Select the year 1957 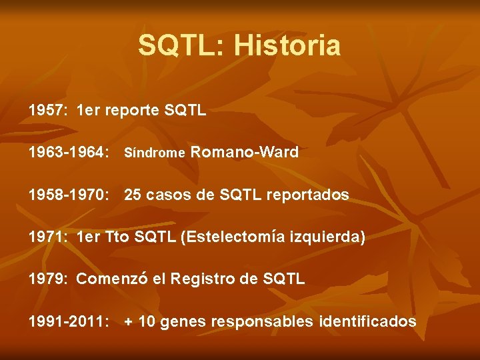point(47,110)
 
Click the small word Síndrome point(155,153)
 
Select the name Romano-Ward point(245,153)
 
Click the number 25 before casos point(133,195)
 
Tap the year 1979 point(47,279)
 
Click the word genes point(183,322)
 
